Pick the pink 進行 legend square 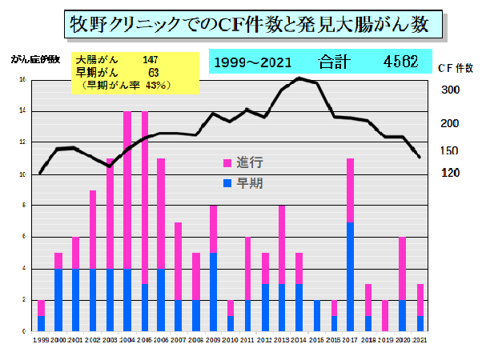pyautogui.click(x=227, y=162)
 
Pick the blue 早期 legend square pyautogui.click(x=227, y=183)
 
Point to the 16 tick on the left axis pyautogui.click(x=23, y=79)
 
